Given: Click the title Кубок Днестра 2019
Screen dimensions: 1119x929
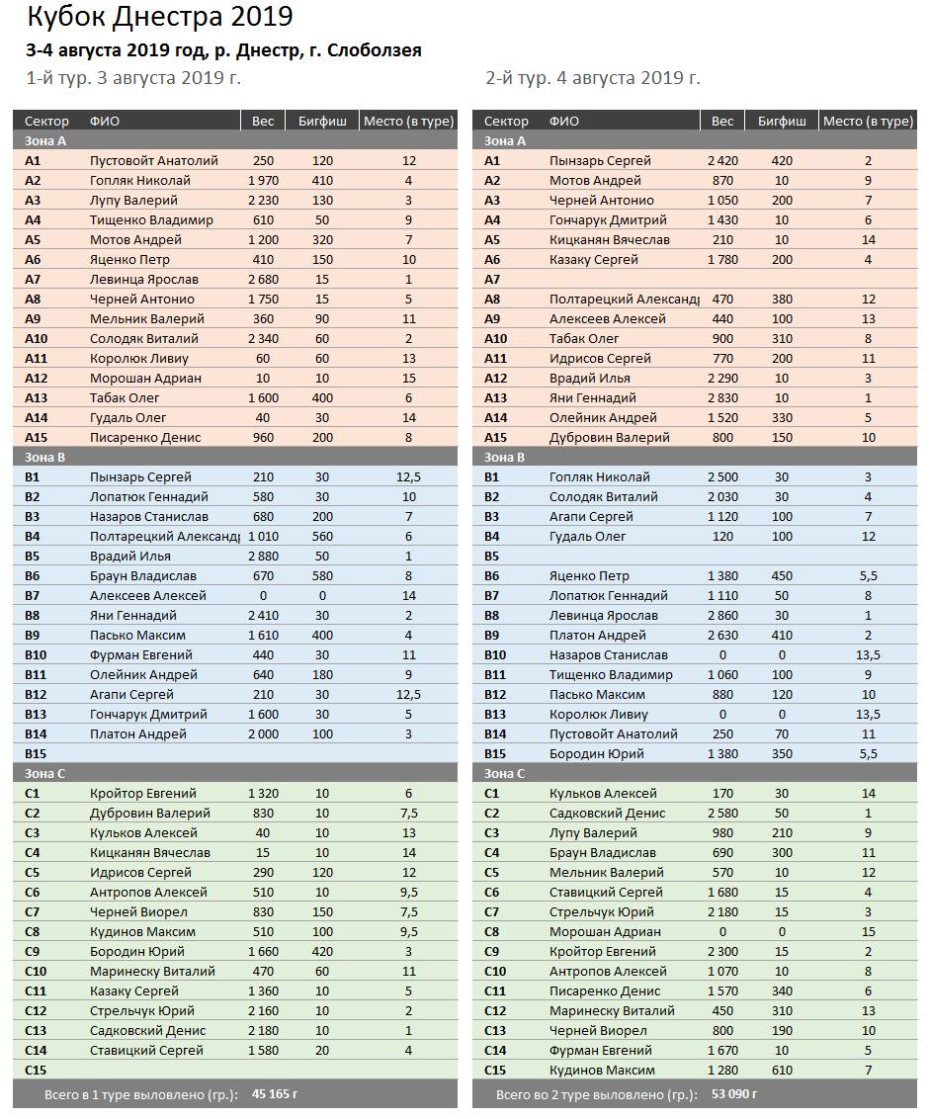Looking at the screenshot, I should (x=159, y=17).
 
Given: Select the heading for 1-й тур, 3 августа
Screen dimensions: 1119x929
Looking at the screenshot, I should (x=132, y=78).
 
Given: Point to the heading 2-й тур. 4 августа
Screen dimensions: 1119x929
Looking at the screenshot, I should (x=593, y=78).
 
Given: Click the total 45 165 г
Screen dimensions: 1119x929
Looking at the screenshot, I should (x=275, y=1094).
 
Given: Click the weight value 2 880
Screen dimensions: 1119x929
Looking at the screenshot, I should (x=262, y=556).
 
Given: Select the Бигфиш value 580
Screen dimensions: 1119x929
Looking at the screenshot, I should (x=322, y=575).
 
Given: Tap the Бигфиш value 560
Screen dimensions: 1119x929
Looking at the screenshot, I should (x=322, y=536).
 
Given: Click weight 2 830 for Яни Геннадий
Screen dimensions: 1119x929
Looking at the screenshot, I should (x=722, y=397).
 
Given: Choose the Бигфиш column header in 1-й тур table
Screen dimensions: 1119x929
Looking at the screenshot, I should (x=322, y=121).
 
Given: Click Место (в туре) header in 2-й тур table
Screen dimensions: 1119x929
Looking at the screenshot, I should (x=868, y=121).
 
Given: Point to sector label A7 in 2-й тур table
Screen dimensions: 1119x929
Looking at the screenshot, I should (x=492, y=279).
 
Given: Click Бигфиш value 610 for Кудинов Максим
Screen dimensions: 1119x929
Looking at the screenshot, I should (x=782, y=1070).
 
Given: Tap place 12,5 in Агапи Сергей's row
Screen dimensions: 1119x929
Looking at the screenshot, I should (x=408, y=694).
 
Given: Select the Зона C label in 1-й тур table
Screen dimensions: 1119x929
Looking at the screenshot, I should (x=45, y=773).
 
